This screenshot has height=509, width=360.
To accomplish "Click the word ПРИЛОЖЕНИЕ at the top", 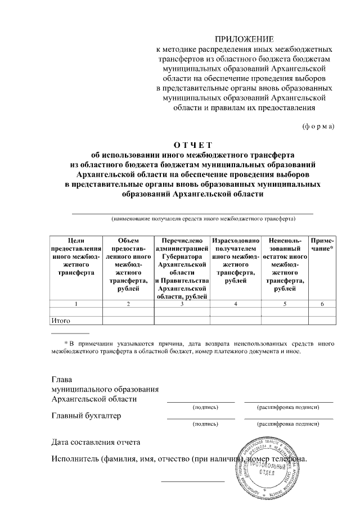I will pos(245,39).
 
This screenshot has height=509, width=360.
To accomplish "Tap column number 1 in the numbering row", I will pos(76,304).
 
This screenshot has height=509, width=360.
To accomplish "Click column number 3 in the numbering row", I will pos(182,304).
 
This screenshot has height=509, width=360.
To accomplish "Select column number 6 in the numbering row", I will pos(322,304).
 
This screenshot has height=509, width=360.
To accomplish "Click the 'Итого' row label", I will pos(60,321).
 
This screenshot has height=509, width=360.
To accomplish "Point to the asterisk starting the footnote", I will pos(66,342).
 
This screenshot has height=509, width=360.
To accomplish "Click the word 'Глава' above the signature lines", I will pos(62,379).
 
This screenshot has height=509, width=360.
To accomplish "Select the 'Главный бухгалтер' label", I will pos(86,416).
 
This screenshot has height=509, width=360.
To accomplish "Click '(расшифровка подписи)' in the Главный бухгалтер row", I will pos(288,425).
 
